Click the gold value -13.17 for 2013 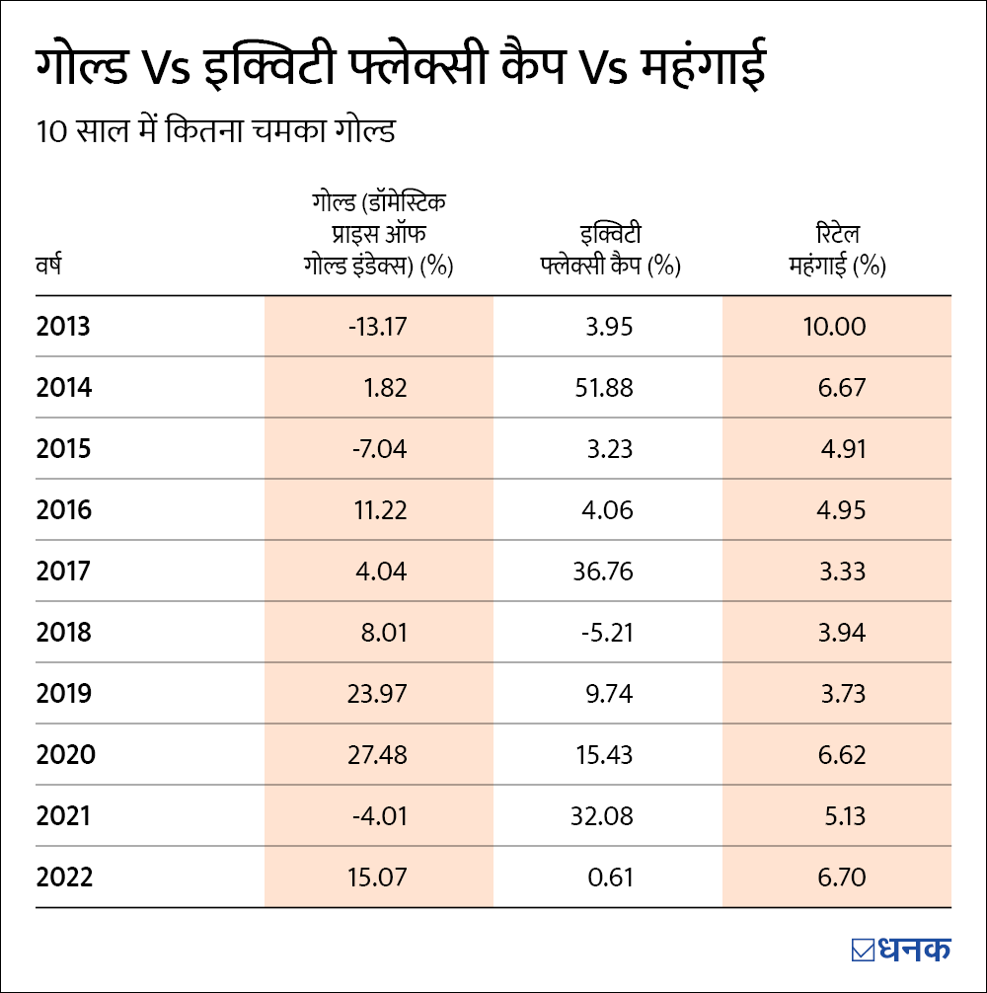pos(377,327)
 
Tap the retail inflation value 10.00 pos(836,327)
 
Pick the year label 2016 pos(64,510)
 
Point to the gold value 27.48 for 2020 pos(377,755)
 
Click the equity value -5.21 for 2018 pos(606,633)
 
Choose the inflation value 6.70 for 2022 pos(842,878)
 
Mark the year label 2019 pos(64,694)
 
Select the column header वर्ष pos(48,267)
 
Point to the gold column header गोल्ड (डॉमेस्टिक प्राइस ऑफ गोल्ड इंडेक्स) pos(378,235)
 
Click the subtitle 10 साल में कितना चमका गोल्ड pos(215,131)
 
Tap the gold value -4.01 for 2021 pos(380,816)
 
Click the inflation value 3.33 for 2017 pos(842,572)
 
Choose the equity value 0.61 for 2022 pos(612,878)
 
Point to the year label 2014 pos(64,388)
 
